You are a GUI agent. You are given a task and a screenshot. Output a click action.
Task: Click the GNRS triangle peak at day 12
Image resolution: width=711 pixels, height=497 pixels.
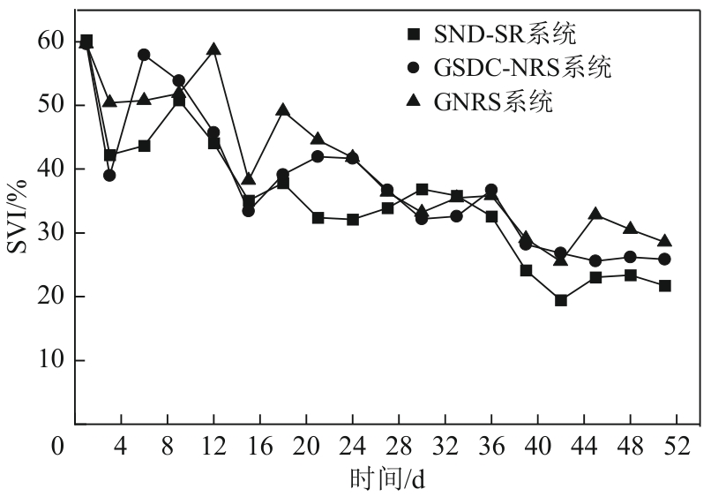(213, 49)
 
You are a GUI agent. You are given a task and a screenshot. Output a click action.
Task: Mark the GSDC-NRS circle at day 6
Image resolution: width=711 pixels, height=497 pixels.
(144, 55)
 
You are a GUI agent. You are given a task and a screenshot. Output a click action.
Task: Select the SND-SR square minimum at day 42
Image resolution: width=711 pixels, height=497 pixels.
(561, 300)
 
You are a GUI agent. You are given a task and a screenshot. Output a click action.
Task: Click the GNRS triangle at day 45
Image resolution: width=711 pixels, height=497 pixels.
(595, 214)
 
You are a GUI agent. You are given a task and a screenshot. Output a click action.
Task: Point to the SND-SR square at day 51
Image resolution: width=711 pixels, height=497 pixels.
(664, 286)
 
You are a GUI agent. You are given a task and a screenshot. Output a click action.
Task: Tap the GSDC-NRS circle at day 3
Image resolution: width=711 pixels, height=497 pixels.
(109, 175)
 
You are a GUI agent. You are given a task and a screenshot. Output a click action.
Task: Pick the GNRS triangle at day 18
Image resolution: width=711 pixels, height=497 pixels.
(283, 110)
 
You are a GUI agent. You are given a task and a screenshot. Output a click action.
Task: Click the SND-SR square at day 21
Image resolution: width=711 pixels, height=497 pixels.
(318, 217)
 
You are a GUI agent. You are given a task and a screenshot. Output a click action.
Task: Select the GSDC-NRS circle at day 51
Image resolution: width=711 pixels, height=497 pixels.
(664, 259)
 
